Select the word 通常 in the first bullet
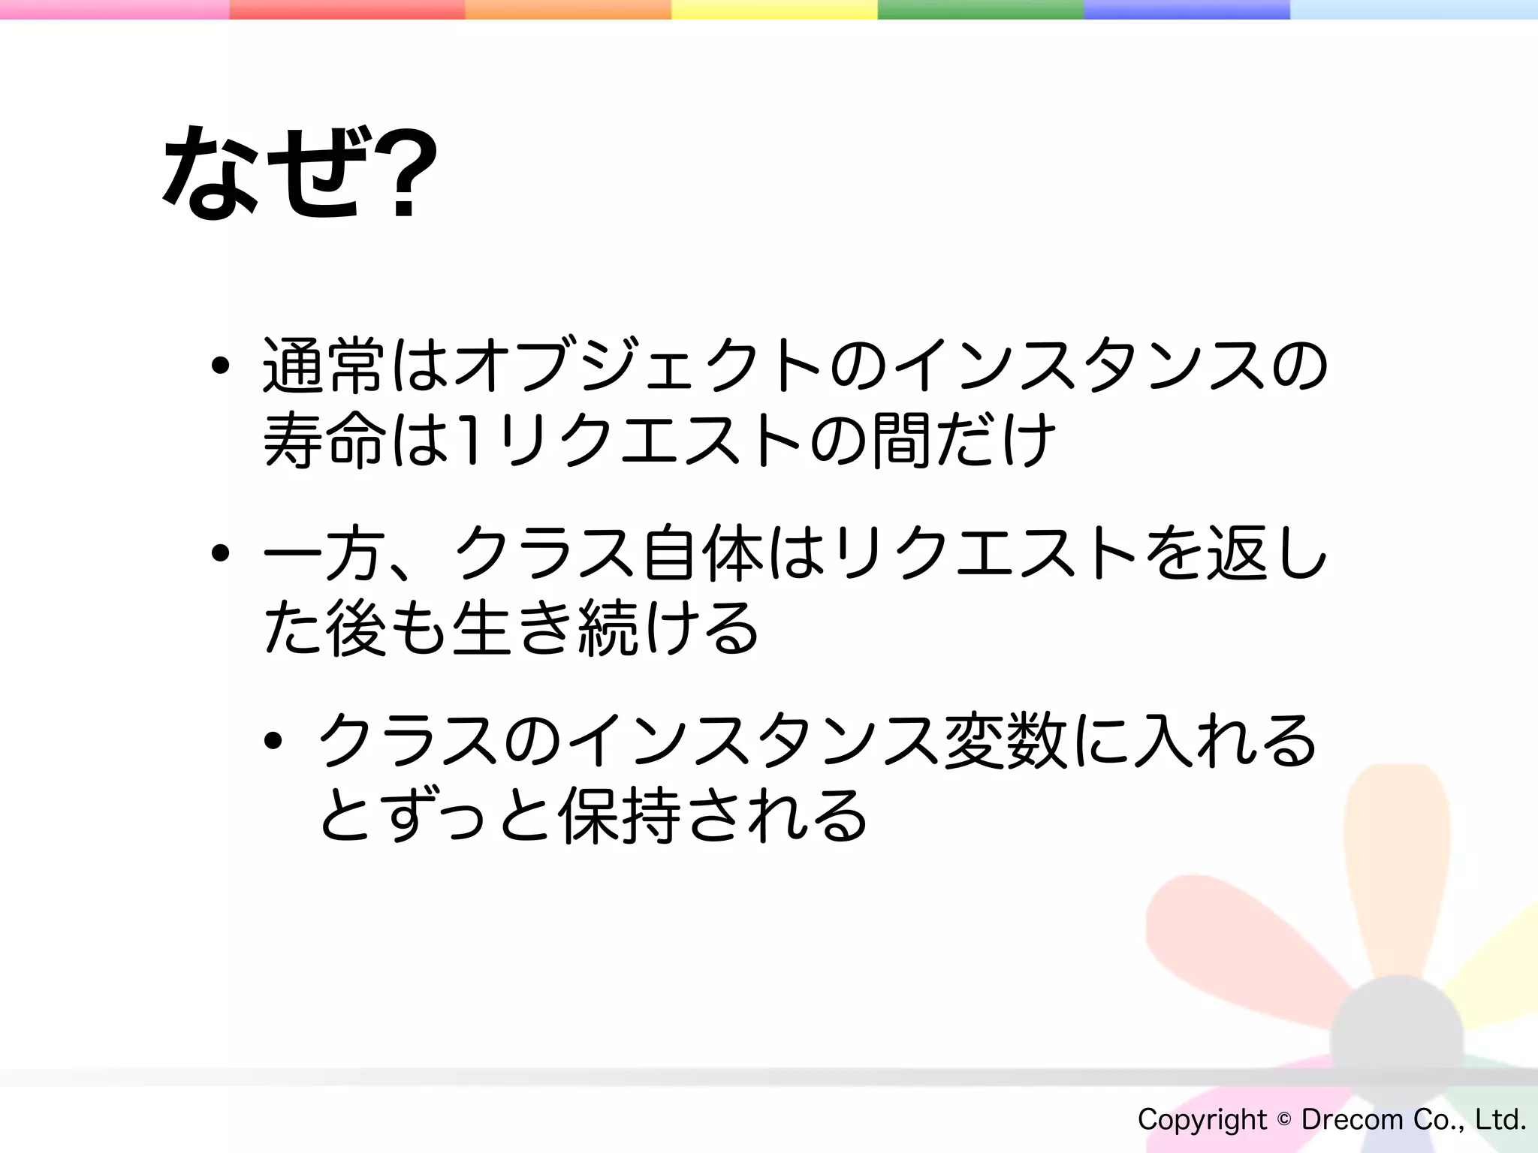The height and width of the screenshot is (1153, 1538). [x=323, y=366]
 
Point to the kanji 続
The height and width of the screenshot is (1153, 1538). [x=608, y=628]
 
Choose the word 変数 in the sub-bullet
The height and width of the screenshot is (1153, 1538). [x=1006, y=741]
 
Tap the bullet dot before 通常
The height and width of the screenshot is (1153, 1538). [x=220, y=366]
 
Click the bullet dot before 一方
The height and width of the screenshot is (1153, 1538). [x=220, y=554]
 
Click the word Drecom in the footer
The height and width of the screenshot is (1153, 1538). [x=1352, y=1120]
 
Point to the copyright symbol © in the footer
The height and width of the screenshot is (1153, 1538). [x=1284, y=1120]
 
